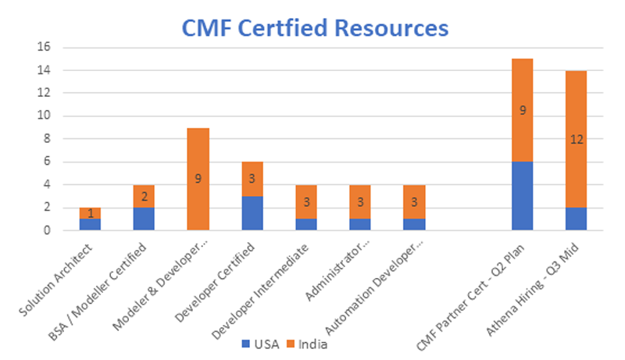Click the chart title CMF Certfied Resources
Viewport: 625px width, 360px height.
point(315,28)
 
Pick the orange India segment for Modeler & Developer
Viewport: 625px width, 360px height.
point(198,179)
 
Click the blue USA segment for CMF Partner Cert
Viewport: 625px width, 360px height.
point(522,196)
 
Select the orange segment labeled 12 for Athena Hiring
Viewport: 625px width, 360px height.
point(576,139)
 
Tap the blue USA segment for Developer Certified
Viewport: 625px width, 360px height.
point(252,213)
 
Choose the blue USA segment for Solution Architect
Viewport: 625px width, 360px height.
point(91,225)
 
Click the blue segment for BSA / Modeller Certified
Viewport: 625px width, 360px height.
point(145,219)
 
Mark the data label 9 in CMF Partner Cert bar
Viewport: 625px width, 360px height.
point(522,110)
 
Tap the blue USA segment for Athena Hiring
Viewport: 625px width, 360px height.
point(576,219)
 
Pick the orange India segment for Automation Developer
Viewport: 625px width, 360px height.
point(414,201)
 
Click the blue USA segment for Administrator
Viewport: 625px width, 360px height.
point(360,225)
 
